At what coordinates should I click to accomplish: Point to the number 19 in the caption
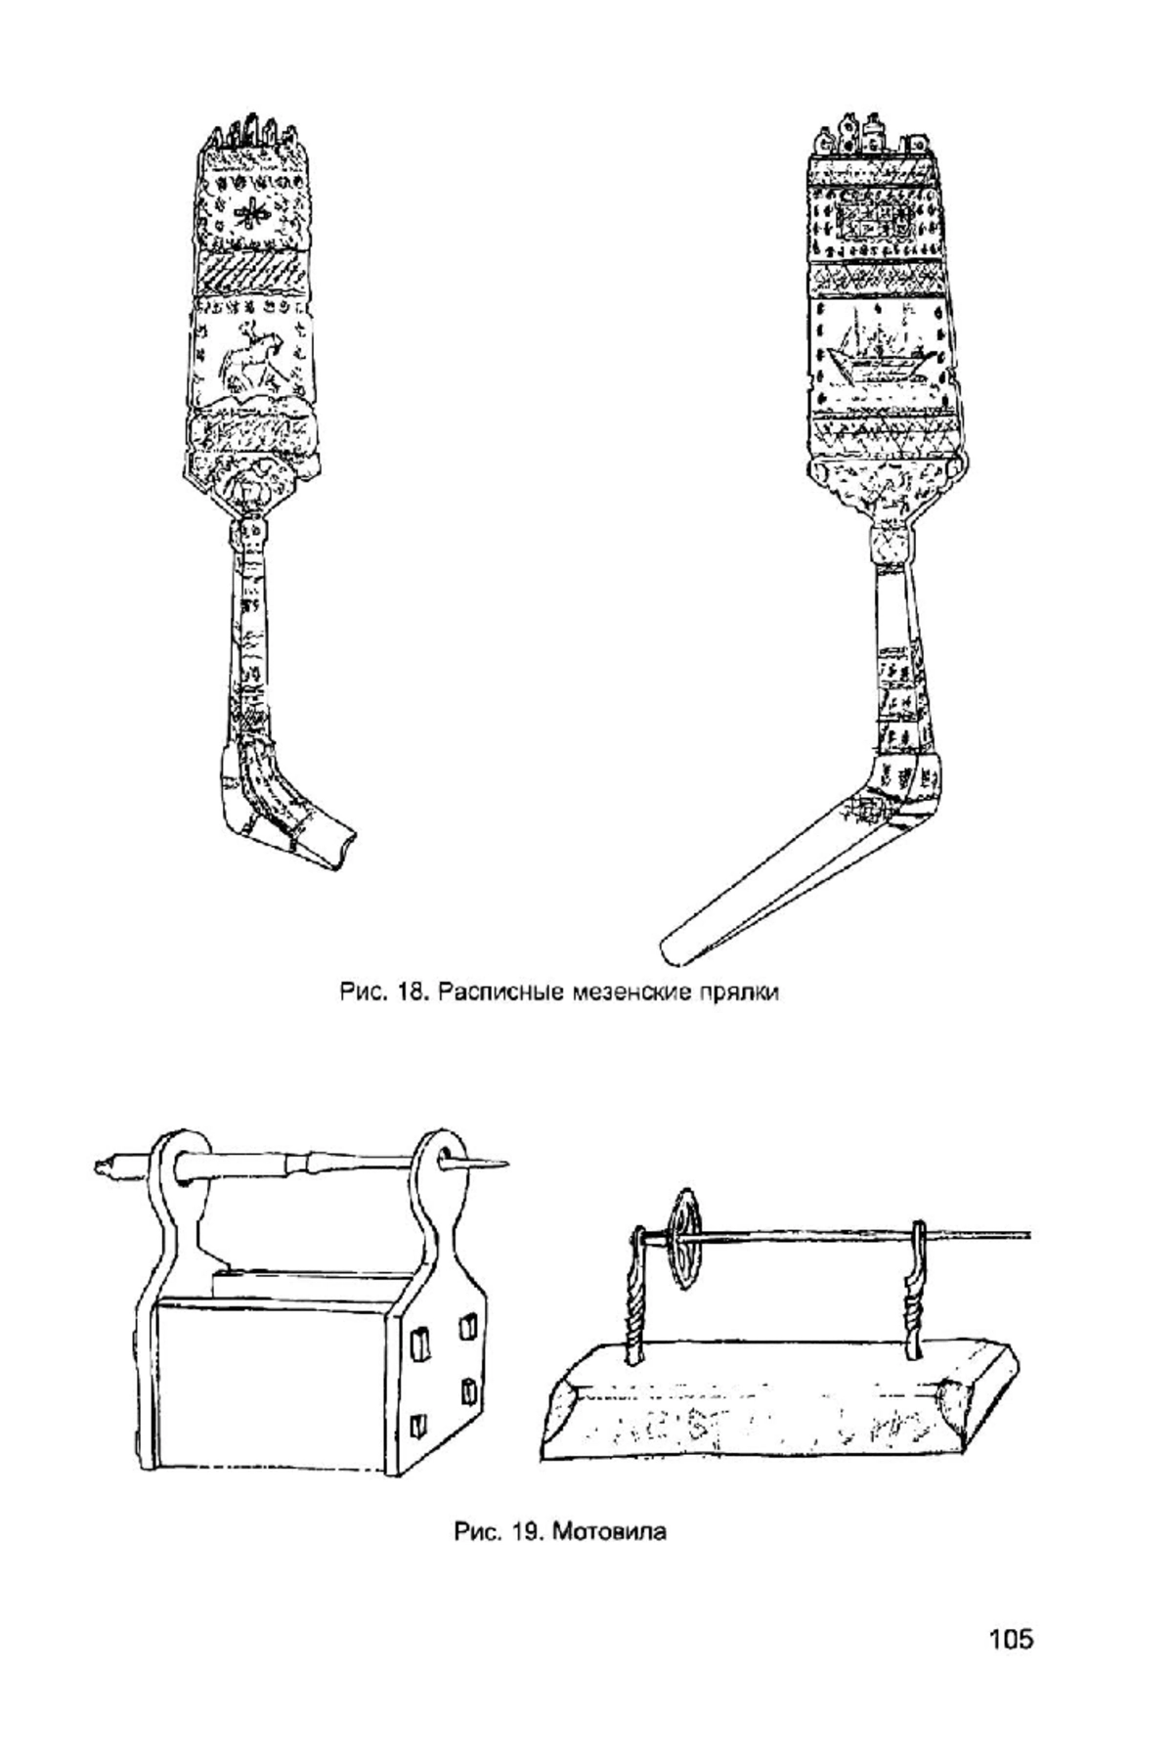point(527,1531)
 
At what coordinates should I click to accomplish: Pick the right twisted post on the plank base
point(916,1291)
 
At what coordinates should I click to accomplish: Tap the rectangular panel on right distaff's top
point(875,223)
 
